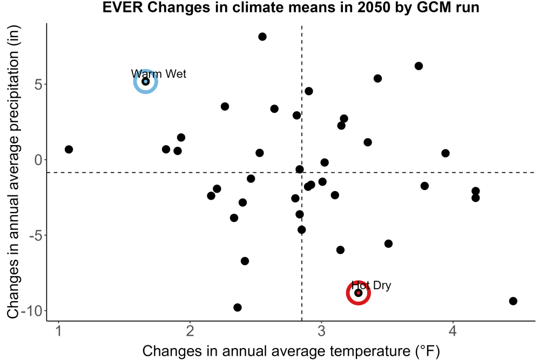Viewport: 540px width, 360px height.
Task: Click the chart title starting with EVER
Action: click(291, 8)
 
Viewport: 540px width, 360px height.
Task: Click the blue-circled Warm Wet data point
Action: click(146, 81)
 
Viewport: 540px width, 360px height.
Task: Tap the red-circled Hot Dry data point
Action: click(358, 293)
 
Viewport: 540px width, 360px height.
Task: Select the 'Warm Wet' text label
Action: click(158, 73)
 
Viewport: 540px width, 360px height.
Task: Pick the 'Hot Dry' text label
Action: click(372, 286)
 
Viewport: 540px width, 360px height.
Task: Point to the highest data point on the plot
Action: click(262, 37)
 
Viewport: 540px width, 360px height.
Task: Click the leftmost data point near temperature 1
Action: click(69, 150)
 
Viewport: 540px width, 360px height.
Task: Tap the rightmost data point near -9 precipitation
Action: click(513, 301)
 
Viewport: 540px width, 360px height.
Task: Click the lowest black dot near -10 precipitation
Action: click(237, 307)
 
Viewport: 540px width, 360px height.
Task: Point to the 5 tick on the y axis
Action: click(38, 85)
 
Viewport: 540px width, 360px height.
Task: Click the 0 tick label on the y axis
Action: click(38, 160)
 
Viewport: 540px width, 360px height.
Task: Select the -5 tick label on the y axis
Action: click(36, 236)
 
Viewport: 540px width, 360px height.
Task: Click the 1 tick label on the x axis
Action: click(58, 331)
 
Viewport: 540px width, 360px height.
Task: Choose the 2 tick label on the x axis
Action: click(190, 331)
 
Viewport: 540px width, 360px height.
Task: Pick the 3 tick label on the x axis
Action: click(321, 331)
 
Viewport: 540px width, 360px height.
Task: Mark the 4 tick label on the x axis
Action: click(453, 331)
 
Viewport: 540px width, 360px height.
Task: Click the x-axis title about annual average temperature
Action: click(291, 351)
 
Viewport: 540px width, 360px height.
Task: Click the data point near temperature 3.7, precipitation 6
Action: click(418, 66)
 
